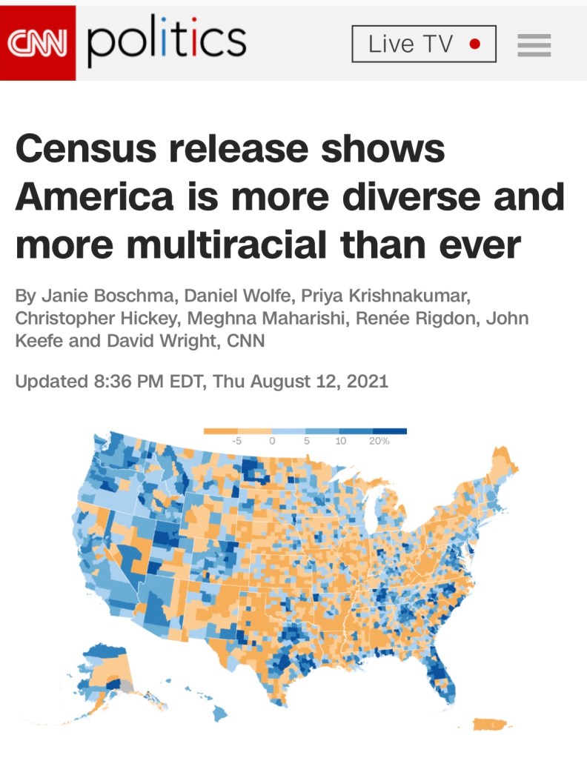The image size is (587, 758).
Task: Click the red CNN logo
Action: [x=38, y=42]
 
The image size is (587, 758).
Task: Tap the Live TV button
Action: [x=423, y=44]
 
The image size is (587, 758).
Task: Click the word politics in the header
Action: [x=167, y=43]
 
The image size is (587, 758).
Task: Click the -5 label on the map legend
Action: [x=239, y=440]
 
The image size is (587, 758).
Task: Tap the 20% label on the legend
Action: [x=379, y=440]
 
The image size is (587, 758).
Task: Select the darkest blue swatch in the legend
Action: [x=390, y=430]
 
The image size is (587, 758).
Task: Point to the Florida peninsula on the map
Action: [x=442, y=671]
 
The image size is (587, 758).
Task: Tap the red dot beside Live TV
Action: [x=475, y=44]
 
